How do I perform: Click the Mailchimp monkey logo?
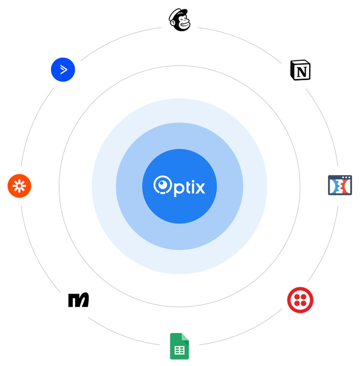(179, 19)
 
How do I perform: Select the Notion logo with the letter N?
(300, 70)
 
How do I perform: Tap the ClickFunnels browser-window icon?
(340, 186)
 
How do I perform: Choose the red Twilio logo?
(300, 300)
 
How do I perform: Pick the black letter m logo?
(78, 300)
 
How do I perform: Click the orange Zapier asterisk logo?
(20, 186)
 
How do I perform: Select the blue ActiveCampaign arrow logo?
(63, 70)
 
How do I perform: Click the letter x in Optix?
(199, 188)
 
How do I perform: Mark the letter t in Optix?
(187, 187)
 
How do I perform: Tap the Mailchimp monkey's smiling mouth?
(184, 25)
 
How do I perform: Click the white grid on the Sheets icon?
(179, 350)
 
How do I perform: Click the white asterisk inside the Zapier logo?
(20, 186)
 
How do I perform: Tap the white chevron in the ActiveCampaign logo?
(63, 70)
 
